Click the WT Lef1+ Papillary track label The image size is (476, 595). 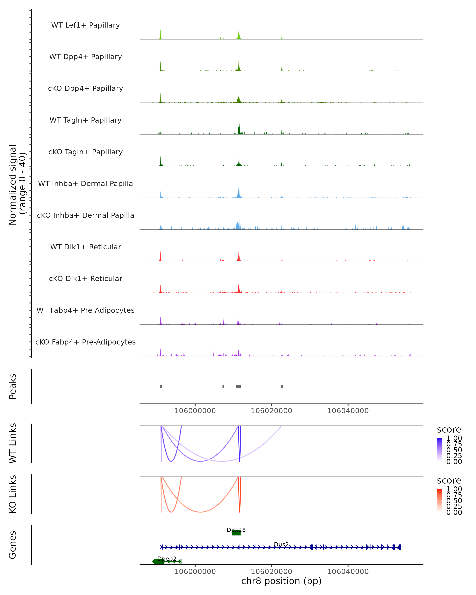click(x=85, y=25)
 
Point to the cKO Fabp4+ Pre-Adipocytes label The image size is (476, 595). click(x=85, y=342)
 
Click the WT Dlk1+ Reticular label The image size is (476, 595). click(x=85, y=247)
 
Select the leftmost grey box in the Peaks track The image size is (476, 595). click(x=161, y=386)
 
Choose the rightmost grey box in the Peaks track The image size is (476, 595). click(x=282, y=386)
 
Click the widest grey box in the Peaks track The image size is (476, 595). click(x=239, y=386)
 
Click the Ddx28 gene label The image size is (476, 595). click(x=236, y=530)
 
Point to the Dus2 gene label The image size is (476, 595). click(x=281, y=544)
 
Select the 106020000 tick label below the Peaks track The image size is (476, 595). click(x=271, y=411)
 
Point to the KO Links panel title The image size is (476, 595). click(x=13, y=494)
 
